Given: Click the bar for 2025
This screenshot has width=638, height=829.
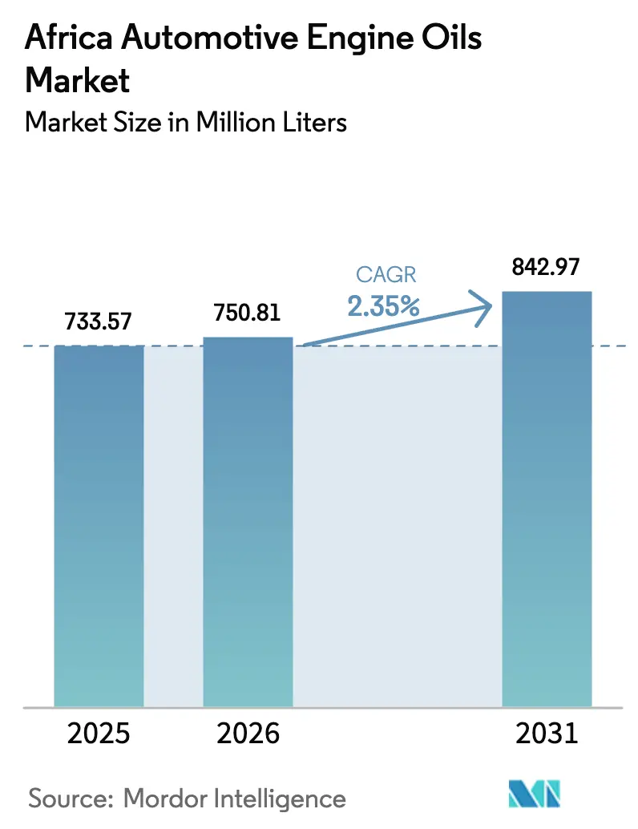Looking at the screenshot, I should point(99,526).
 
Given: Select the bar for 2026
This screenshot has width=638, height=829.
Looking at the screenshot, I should point(248,522).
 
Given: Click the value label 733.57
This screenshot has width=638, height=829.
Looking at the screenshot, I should point(99,322).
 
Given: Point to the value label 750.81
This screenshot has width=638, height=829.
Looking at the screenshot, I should point(248,313).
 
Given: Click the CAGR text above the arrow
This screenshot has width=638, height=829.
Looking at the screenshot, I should point(386,275).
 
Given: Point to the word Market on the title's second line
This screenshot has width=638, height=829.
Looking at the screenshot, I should point(78,79).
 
